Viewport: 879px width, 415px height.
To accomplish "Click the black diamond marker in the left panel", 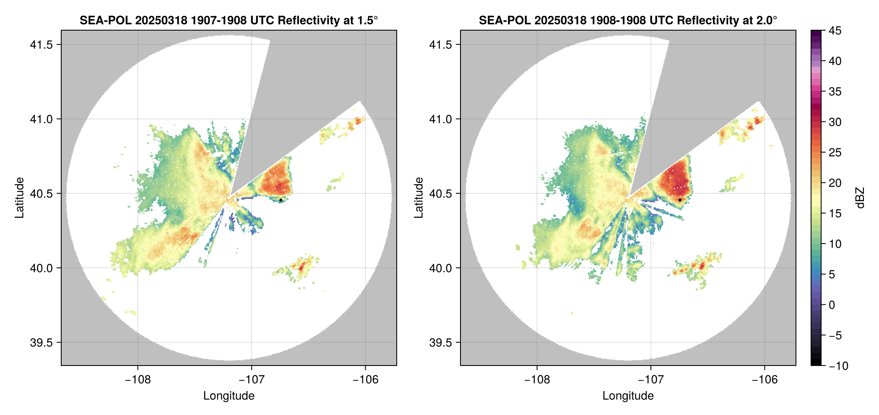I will click(281, 200).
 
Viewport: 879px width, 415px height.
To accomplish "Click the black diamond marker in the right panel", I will click(680, 200).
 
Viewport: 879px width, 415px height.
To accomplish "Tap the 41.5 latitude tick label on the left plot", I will click(41, 45).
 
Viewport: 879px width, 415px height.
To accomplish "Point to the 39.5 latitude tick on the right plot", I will click(440, 342).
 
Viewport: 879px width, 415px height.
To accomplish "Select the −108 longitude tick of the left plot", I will click(138, 380).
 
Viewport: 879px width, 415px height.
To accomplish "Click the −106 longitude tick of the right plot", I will click(765, 380).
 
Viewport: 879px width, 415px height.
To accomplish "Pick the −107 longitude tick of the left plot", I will click(252, 380).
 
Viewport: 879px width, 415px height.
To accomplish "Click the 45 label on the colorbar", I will click(835, 31).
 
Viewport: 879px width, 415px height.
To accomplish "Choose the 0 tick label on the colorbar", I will click(832, 305).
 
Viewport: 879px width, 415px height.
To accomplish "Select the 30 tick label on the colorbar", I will click(835, 122).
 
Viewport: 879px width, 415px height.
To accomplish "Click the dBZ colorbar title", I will click(861, 198).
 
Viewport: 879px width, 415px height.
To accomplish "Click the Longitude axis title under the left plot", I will click(229, 396).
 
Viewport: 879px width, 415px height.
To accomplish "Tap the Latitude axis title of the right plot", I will click(419, 198).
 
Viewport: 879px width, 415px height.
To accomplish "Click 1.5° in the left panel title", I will click(365, 20).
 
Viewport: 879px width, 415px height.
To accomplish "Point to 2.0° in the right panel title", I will click(765, 20).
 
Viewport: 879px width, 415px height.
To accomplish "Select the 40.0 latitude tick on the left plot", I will click(41, 268).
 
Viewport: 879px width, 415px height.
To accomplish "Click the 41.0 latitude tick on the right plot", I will click(440, 119).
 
